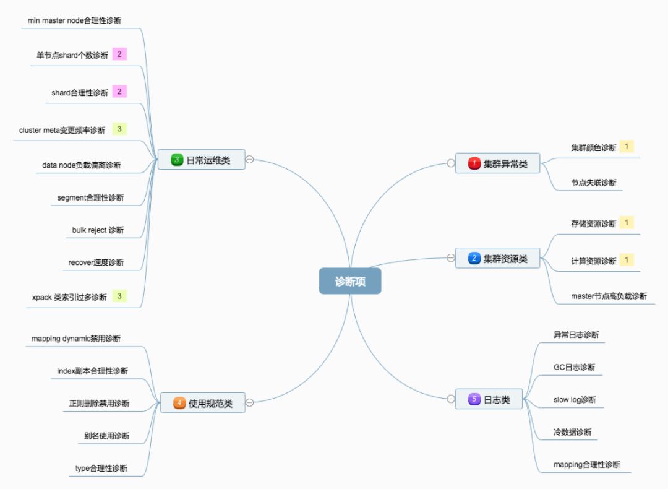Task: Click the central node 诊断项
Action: [x=350, y=281]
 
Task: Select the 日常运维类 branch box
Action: [x=201, y=160]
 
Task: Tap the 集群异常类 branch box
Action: [x=497, y=163]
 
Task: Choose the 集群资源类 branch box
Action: [x=497, y=258]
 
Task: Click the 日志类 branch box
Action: [x=489, y=399]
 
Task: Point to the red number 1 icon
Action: [x=474, y=163]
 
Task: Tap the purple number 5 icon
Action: [x=474, y=399]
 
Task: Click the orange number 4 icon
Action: [x=179, y=403]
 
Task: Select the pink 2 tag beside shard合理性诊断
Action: [x=119, y=92]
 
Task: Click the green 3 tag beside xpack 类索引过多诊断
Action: [x=119, y=296]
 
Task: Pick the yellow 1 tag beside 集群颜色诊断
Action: [x=627, y=147]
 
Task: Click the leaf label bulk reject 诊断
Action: [x=98, y=230]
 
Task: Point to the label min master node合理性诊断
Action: [x=74, y=20]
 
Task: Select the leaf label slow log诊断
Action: [x=575, y=400]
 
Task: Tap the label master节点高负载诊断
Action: [x=609, y=296]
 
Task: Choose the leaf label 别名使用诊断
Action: [x=107, y=436]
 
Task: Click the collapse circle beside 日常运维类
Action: [x=250, y=160]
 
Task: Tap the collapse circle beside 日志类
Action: [x=450, y=399]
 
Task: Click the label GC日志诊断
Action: [x=574, y=367]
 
